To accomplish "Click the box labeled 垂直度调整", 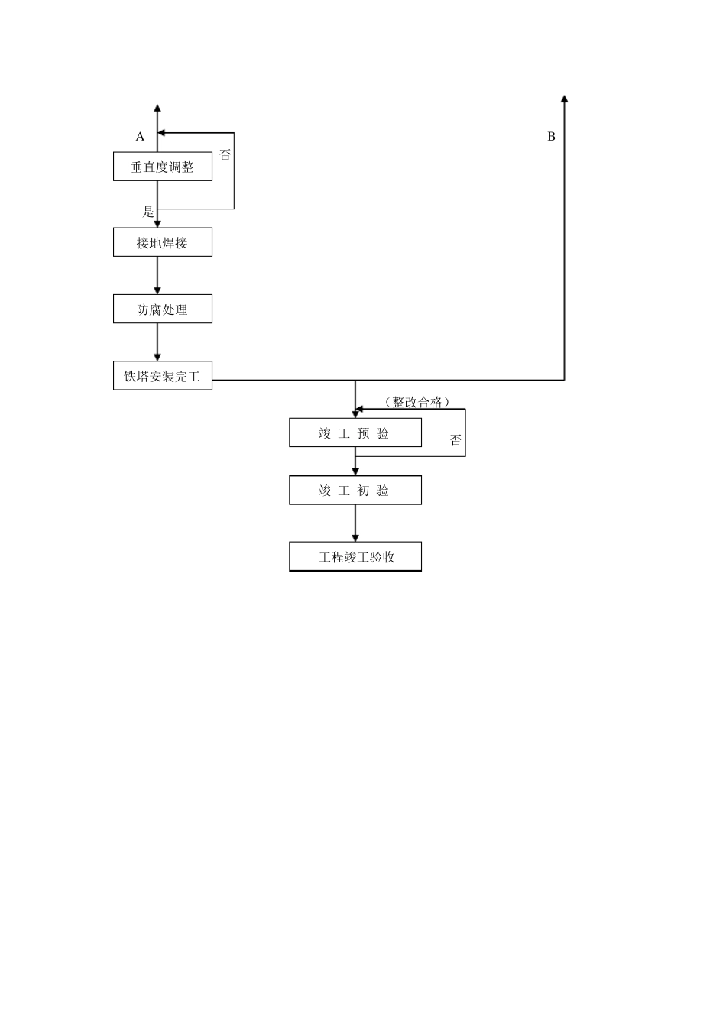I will click(162, 167).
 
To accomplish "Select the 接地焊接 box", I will click(162, 242).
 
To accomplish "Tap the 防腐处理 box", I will click(162, 309).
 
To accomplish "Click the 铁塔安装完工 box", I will click(162, 376).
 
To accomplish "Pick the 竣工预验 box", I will click(355, 433).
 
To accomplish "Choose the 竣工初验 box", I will click(355, 490).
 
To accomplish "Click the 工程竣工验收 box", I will click(355, 556).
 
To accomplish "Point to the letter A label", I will click(140, 137).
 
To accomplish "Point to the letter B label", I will click(551, 137).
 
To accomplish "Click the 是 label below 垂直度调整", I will click(148, 212).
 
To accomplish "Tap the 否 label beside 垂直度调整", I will click(225, 155).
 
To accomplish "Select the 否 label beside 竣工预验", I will click(456, 440).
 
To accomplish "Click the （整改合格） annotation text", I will click(417, 402).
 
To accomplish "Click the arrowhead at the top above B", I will click(564, 99).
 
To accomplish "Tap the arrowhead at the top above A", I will click(157, 108).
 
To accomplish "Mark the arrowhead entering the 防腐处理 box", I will click(157, 290).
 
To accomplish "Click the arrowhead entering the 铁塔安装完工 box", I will click(157, 357).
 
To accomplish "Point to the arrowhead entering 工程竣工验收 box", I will click(355, 538).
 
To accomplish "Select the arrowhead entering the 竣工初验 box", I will click(355, 471).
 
